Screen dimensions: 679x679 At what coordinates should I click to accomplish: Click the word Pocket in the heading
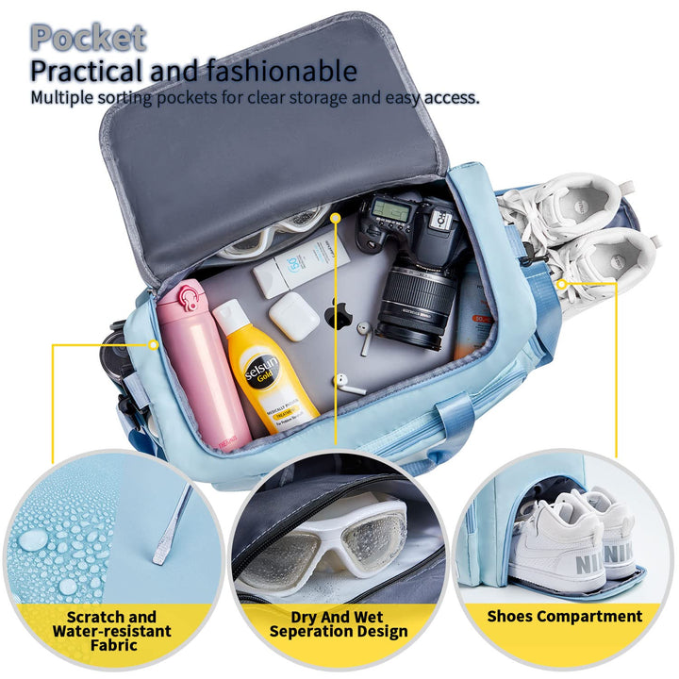[88, 37]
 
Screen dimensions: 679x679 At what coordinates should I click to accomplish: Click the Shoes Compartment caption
[564, 616]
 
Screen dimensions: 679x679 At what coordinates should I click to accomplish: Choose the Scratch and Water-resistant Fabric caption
[112, 631]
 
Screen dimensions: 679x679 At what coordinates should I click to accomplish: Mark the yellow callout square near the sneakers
[562, 283]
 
